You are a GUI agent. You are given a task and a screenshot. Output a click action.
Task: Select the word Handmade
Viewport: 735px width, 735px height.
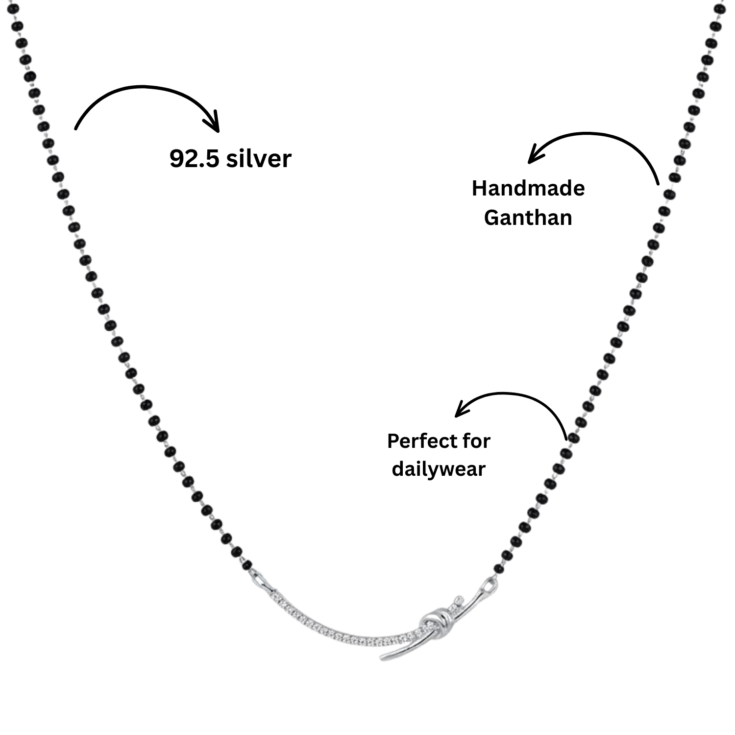pos(528,189)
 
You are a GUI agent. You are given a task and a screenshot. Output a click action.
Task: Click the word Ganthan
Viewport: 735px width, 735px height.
pos(528,218)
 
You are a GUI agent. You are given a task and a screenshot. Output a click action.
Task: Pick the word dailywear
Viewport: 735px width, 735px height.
pos(439,469)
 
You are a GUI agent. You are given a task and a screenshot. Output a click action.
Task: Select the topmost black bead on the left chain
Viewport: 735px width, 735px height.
pos(13,8)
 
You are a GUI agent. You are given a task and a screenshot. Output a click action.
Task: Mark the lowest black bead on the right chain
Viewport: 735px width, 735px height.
pos(499,569)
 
